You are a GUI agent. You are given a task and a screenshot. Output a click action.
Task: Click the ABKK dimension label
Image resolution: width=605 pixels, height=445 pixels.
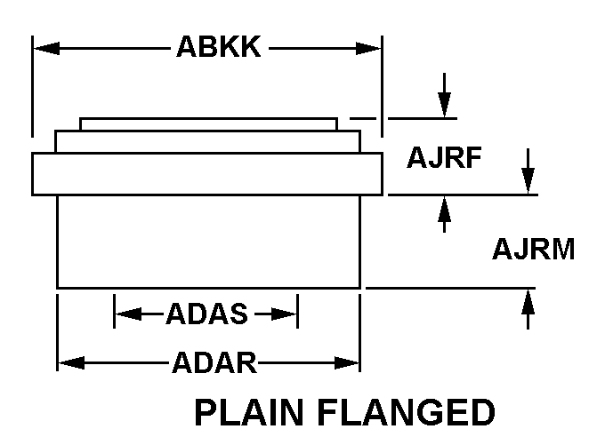(x=218, y=47)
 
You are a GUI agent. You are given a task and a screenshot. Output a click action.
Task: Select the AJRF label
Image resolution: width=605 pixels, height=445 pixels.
(x=444, y=157)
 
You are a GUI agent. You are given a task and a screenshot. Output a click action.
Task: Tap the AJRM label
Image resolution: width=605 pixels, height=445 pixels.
(x=533, y=250)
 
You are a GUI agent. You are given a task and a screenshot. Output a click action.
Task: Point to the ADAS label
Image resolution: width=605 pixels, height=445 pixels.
(x=206, y=314)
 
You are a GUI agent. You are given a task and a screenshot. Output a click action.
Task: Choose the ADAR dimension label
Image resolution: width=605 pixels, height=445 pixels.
(x=214, y=362)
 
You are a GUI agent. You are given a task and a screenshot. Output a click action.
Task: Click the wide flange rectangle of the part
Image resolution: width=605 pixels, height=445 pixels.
(x=207, y=174)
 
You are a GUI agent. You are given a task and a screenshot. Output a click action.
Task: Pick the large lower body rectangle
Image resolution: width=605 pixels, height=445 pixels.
(x=208, y=241)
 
